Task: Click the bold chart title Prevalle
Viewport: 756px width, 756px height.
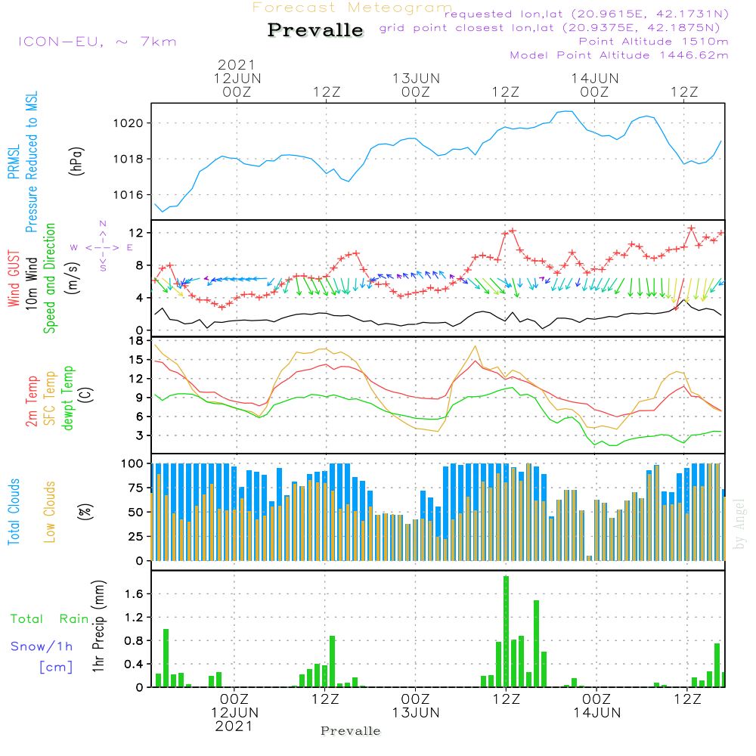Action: point(315,30)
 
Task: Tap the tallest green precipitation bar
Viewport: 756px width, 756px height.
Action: point(506,631)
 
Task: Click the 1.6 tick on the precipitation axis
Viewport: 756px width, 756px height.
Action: point(133,594)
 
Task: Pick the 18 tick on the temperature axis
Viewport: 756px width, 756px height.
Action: point(137,341)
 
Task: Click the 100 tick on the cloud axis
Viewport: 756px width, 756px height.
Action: point(133,463)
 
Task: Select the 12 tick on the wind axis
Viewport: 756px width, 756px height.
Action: point(137,232)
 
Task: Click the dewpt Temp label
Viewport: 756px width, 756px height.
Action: point(67,398)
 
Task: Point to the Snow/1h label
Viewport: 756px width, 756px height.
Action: point(42,646)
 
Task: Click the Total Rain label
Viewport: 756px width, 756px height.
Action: point(49,618)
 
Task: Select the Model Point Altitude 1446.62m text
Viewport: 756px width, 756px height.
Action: point(619,54)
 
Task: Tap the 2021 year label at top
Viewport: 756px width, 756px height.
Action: point(237,65)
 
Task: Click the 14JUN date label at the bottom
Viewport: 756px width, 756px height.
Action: point(596,712)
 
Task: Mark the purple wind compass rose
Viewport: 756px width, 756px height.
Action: point(103,246)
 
